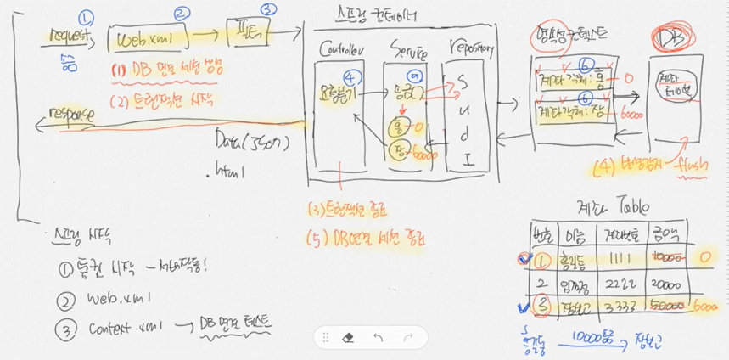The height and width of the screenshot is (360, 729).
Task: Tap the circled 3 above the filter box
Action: click(x=269, y=10)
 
